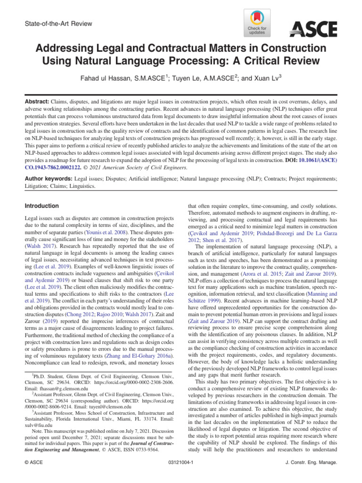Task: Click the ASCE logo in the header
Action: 313,29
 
